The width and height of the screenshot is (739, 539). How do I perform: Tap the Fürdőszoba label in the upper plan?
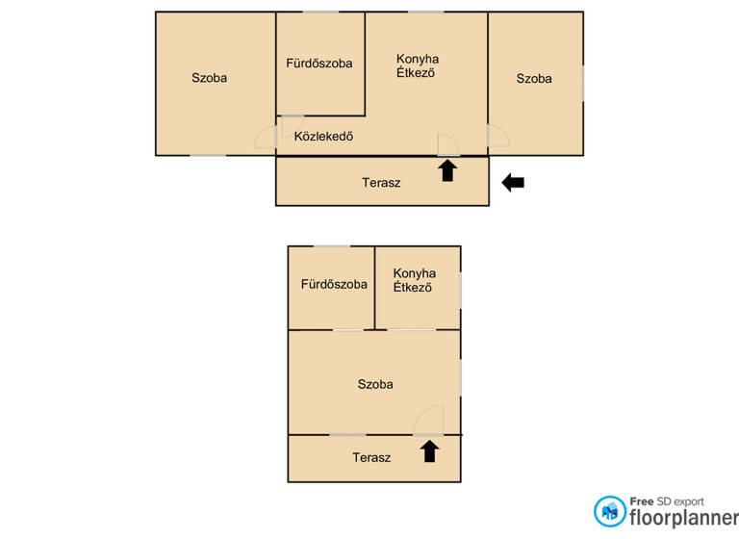click(319, 64)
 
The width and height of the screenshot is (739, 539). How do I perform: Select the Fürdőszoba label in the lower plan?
click(333, 285)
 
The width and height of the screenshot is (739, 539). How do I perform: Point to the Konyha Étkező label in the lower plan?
click(414, 280)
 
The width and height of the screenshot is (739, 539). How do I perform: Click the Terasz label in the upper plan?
click(381, 182)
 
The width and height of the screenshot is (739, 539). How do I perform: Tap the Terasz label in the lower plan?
click(370, 457)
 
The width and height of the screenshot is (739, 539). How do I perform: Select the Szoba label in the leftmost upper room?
click(209, 78)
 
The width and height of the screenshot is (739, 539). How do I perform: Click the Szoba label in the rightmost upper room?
click(534, 79)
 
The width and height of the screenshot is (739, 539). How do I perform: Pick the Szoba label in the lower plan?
click(374, 384)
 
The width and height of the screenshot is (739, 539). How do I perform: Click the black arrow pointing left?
click(513, 182)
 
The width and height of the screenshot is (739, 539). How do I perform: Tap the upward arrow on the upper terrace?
click(446, 171)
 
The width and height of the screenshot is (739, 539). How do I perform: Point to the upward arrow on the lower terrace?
click(429, 450)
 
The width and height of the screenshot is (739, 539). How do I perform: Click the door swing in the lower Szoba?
click(429, 421)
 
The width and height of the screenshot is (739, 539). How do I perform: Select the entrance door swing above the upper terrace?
click(448, 144)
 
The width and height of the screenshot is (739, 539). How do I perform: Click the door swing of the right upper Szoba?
click(497, 136)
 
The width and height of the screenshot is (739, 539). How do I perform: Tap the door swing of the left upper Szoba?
click(267, 138)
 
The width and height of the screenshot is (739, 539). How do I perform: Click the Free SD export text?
click(666, 500)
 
